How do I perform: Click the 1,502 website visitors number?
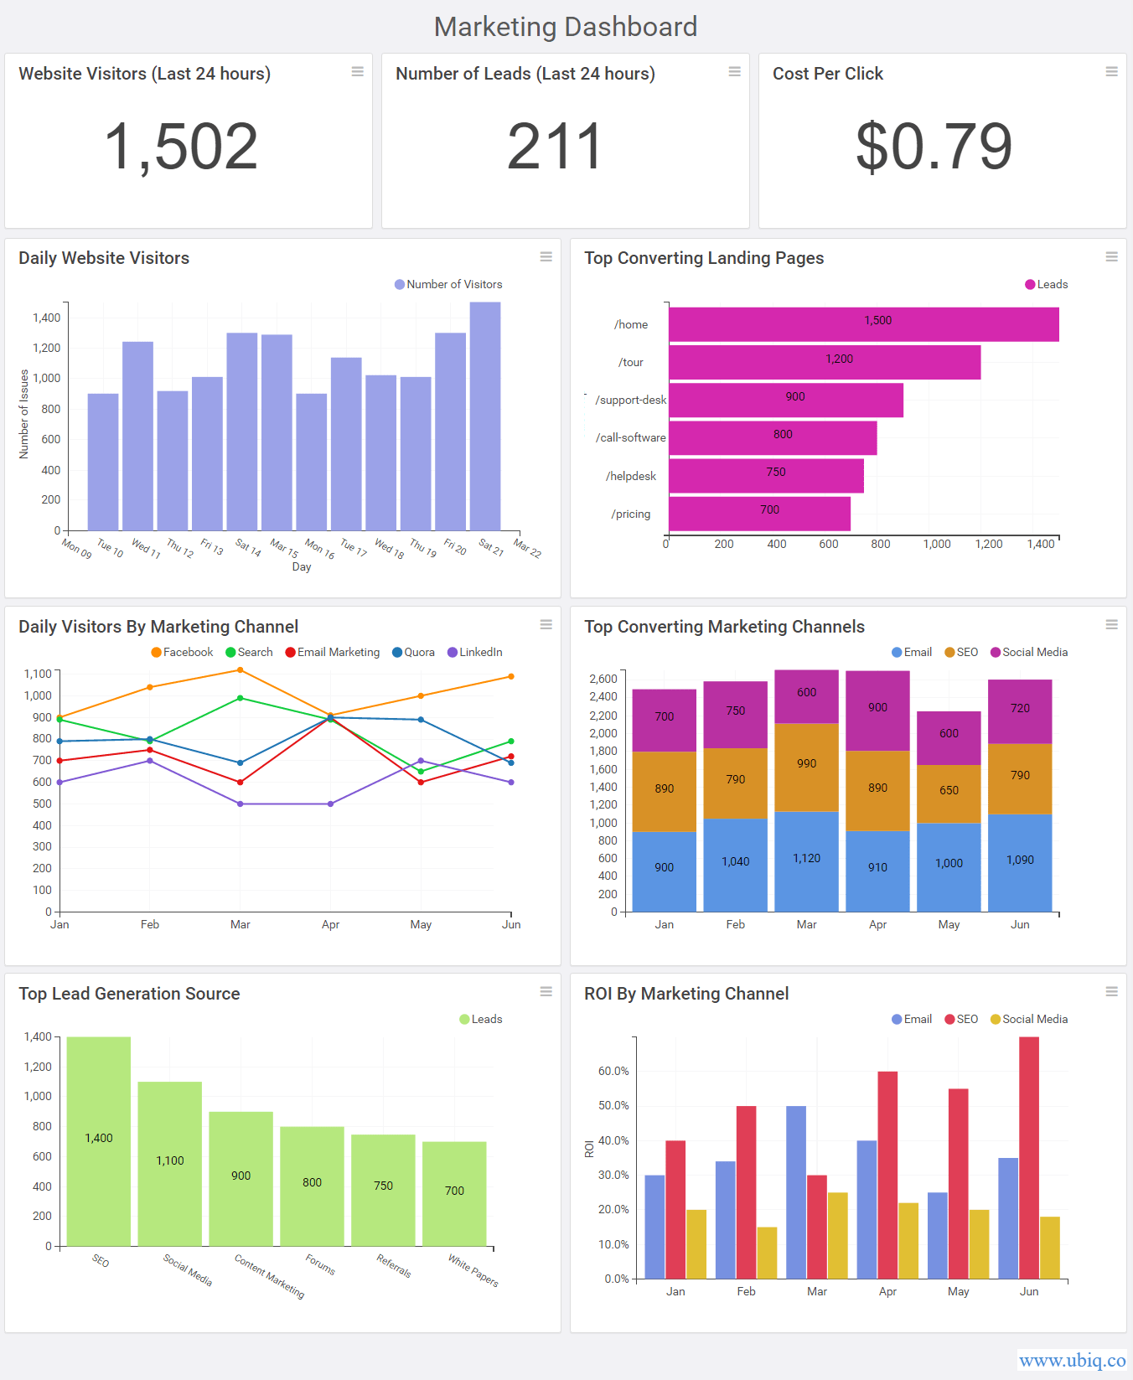point(181,147)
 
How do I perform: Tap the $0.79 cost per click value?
point(934,147)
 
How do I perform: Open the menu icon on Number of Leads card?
point(734,72)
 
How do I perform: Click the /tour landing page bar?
point(824,362)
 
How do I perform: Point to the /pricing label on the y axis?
point(630,514)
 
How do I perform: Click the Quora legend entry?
point(413,652)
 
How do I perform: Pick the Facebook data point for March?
point(241,670)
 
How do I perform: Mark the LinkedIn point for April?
point(331,804)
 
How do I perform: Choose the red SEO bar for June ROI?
point(1029,1156)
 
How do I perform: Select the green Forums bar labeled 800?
point(312,1185)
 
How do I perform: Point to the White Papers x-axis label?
point(473,1269)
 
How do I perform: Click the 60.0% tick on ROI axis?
point(613,1071)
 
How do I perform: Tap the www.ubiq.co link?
point(1072,1360)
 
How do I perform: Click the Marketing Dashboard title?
point(566,27)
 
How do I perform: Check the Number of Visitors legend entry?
point(448,284)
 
